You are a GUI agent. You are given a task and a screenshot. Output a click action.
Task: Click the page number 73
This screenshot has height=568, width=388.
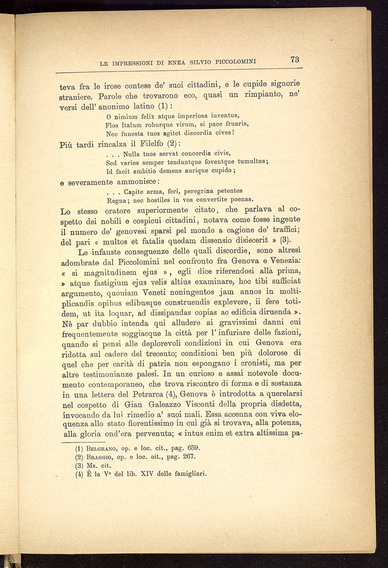[295, 60]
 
